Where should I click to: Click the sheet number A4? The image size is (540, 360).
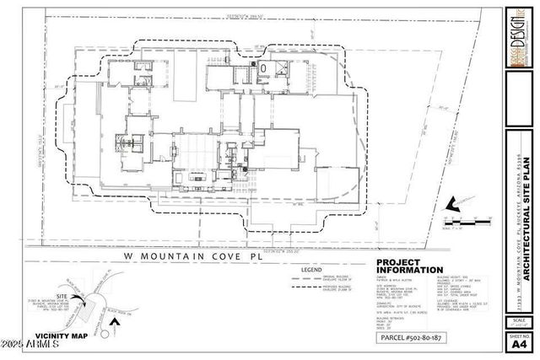point(516,344)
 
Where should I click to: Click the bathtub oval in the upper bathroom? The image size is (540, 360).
point(263,68)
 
